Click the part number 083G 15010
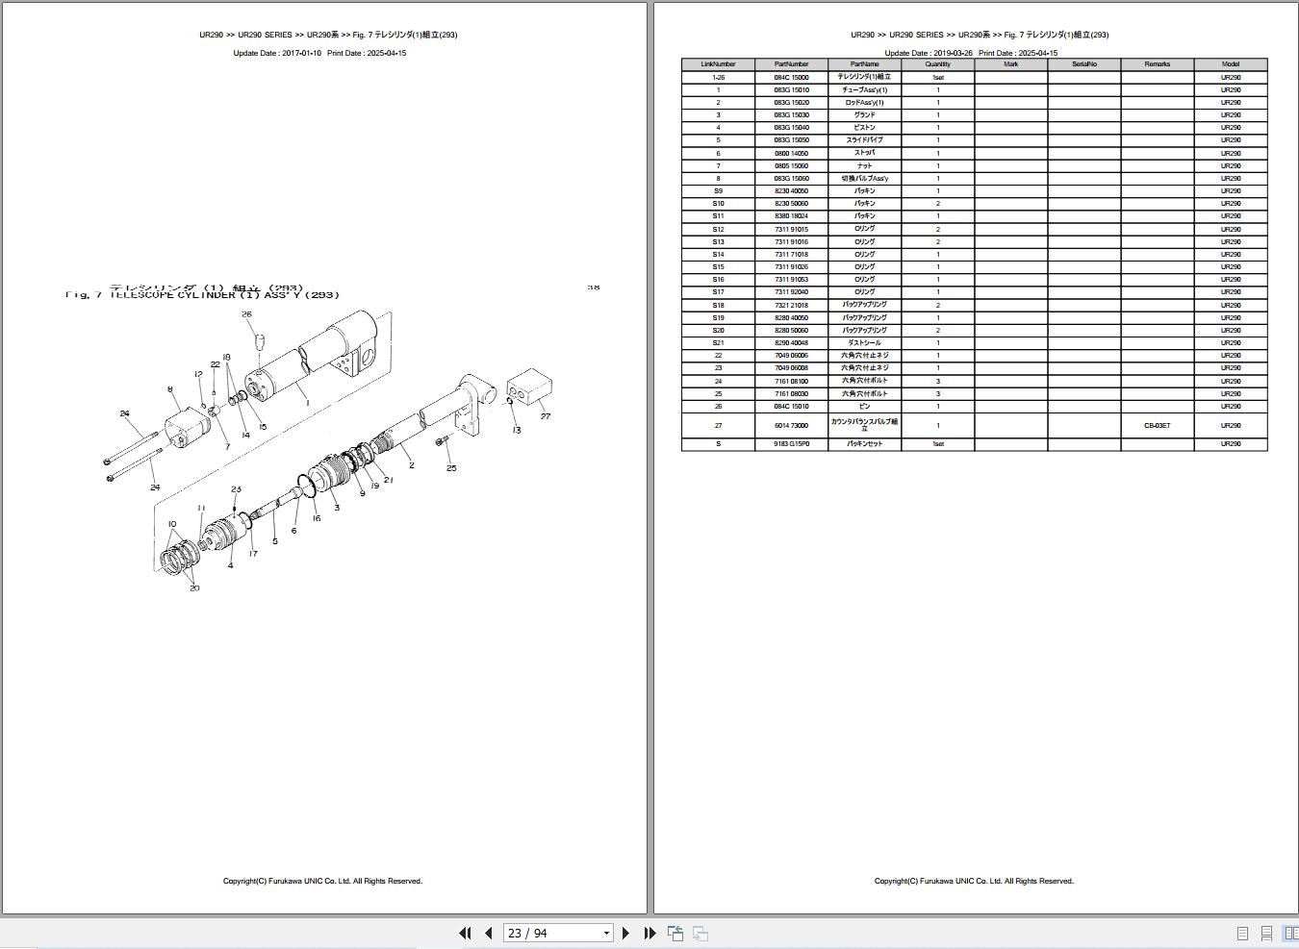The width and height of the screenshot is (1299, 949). (x=791, y=89)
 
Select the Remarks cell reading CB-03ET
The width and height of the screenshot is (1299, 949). (x=1157, y=425)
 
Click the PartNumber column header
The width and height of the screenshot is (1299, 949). (x=791, y=64)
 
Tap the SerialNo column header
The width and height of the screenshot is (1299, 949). (x=1083, y=64)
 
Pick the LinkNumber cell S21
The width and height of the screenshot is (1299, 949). (x=718, y=343)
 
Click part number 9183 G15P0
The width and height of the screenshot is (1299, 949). (x=791, y=444)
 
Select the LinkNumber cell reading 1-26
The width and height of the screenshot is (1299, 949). (x=718, y=77)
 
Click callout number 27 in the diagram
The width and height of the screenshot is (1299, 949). (x=545, y=416)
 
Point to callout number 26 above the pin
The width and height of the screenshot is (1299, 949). (x=246, y=314)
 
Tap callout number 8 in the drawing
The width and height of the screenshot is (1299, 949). (x=170, y=389)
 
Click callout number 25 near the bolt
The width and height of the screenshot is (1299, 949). (x=451, y=468)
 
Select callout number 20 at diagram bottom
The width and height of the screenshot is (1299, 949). (x=194, y=587)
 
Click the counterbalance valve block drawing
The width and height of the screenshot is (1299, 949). (x=528, y=389)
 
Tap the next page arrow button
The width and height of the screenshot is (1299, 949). (x=625, y=933)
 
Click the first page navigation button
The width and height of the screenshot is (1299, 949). (x=465, y=933)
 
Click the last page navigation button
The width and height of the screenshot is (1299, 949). (x=649, y=933)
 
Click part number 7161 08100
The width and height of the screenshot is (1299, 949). (x=791, y=381)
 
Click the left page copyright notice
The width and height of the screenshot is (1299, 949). (x=322, y=881)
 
